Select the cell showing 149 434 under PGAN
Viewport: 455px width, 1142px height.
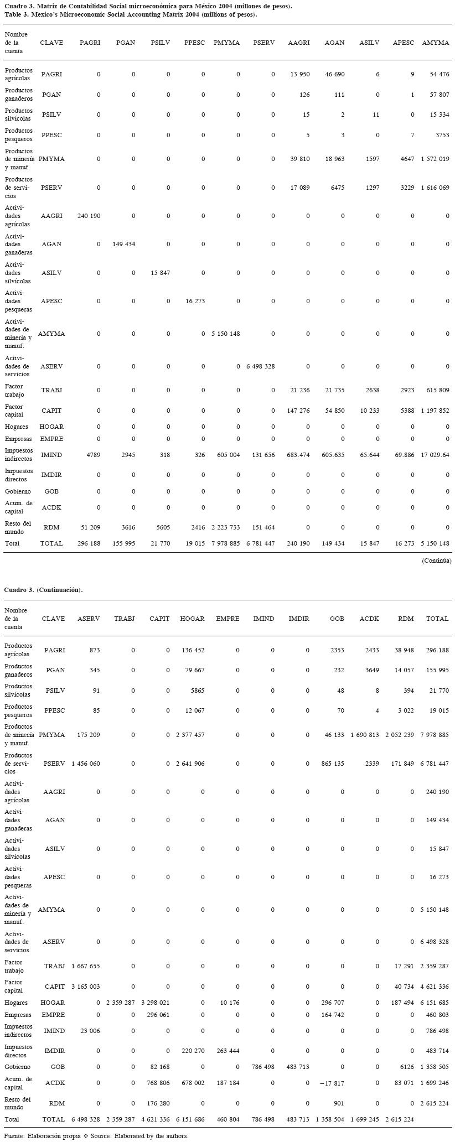122,244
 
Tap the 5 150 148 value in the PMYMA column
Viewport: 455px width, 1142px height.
225,334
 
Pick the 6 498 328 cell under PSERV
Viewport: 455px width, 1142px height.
260,366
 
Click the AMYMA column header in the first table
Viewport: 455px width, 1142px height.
435,43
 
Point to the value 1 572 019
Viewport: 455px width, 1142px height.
435,159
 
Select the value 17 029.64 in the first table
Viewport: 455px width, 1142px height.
435,455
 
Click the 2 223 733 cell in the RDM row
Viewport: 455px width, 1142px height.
225,527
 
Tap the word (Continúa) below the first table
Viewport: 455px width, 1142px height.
436,560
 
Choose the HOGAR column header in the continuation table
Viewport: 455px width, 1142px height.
192,619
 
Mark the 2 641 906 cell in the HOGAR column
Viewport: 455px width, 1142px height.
190,764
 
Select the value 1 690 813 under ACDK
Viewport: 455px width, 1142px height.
365,735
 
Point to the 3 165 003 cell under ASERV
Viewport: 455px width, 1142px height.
86,987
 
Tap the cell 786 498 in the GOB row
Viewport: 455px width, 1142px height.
260,1066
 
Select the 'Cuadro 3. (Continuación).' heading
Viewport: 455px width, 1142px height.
43,590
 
